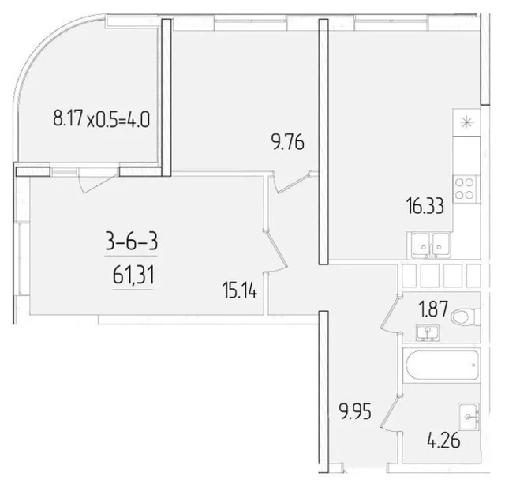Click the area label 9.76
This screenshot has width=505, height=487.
(288, 143)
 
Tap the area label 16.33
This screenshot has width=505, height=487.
(425, 206)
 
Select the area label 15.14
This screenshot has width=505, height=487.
(240, 290)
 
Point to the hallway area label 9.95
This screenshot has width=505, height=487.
(355, 411)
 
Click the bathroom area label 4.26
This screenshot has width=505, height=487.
(443, 440)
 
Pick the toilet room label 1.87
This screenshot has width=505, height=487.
(433, 309)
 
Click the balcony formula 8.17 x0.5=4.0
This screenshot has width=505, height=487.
(102, 118)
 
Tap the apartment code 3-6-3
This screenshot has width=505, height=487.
(132, 242)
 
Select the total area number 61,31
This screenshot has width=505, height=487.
(133, 275)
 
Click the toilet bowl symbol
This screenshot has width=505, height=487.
(465, 317)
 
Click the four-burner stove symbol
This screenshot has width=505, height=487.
(465, 189)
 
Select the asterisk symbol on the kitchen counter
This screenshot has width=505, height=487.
(466, 122)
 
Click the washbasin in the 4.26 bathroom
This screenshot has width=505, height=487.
(469, 416)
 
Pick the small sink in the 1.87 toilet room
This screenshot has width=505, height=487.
(428, 333)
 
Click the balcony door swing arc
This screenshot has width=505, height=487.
(96, 184)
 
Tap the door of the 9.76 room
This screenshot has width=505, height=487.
(293, 185)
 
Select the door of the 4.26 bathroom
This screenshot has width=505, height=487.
(389, 413)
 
